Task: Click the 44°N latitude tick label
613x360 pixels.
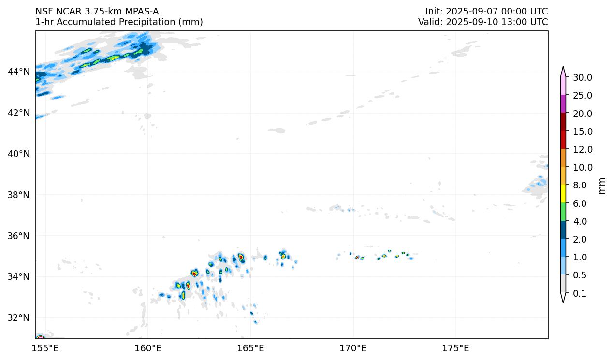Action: pyautogui.click(x=18, y=72)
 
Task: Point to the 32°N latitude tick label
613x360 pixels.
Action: pyautogui.click(x=18, y=318)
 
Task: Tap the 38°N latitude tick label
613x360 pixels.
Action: pyautogui.click(x=18, y=195)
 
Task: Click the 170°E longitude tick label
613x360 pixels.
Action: pyautogui.click(x=353, y=348)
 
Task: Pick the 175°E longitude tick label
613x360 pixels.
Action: pyautogui.click(x=455, y=348)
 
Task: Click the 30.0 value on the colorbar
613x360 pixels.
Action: pyautogui.click(x=582, y=78)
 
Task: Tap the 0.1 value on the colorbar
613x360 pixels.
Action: pyautogui.click(x=579, y=294)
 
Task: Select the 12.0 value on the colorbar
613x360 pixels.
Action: pyautogui.click(x=582, y=150)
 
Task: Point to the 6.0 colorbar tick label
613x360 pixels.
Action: pyautogui.click(x=579, y=204)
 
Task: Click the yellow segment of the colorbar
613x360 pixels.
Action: pyautogui.click(x=563, y=194)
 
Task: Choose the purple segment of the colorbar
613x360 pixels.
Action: pyautogui.click(x=563, y=104)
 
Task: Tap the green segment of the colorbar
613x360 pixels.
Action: pyautogui.click(x=563, y=212)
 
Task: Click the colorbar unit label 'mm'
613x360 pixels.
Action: pyautogui.click(x=602, y=186)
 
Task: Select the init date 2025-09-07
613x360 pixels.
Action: pyautogui.click(x=469, y=12)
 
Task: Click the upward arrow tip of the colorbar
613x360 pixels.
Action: pyautogui.click(x=563, y=69)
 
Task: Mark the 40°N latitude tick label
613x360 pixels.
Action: pyautogui.click(x=18, y=154)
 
